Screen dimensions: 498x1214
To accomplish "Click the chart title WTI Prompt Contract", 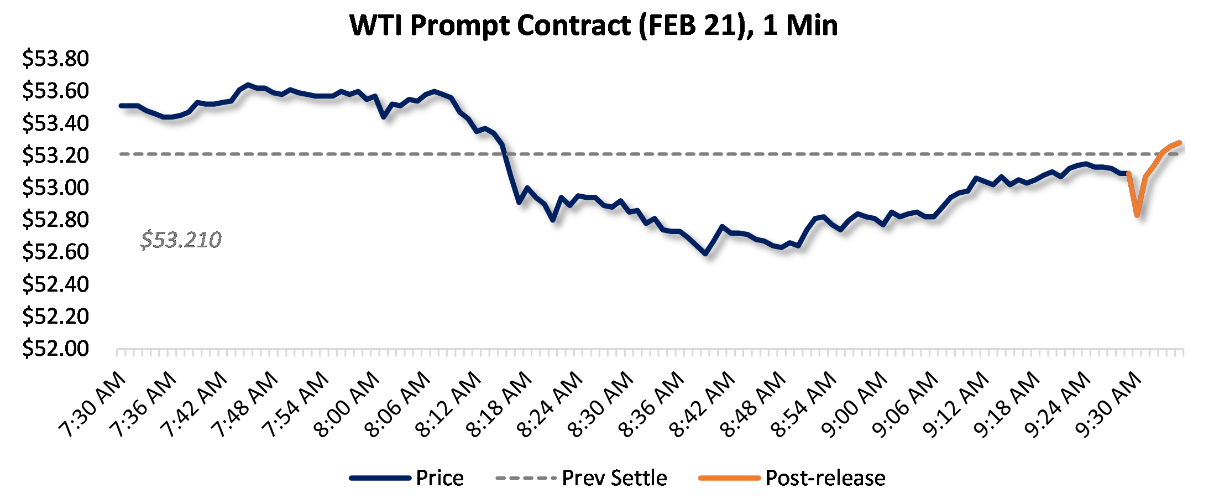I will (x=593, y=25).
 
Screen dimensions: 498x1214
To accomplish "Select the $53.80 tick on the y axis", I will (x=55, y=59).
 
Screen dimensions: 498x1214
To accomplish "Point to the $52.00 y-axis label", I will (x=55, y=349).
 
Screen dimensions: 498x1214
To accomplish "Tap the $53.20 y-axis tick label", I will (x=55, y=155).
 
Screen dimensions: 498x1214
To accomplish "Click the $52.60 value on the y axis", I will (x=55, y=252).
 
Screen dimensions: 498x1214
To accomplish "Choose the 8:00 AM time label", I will (x=347, y=404).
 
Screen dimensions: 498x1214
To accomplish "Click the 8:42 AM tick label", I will (x=702, y=404).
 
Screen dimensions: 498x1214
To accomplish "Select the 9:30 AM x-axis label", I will (x=1108, y=404).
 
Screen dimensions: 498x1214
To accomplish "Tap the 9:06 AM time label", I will (x=905, y=404).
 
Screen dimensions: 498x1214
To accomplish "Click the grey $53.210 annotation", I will (x=181, y=240).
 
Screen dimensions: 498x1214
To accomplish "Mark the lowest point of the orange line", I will (x=1137, y=215).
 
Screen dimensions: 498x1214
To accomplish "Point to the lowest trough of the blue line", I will (x=705, y=253).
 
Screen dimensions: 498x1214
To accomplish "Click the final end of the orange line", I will (x=1180, y=143).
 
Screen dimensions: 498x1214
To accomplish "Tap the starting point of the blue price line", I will (x=121, y=105).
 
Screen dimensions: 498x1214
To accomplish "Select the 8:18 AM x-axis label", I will (x=499, y=404).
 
